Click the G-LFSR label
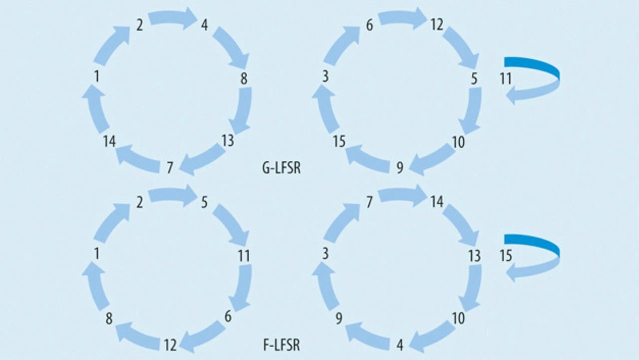[x=282, y=168]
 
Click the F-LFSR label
[x=282, y=345]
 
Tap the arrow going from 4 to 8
[x=232, y=47]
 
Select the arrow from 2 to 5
[x=172, y=195]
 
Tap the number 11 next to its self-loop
[x=506, y=78]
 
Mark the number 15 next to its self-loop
[x=506, y=256]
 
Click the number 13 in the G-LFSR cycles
[x=228, y=141]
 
